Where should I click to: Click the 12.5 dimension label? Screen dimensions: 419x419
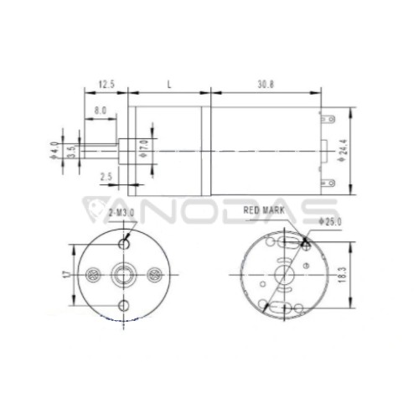click(x=106, y=84)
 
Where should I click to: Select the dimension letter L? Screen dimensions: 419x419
click(x=169, y=85)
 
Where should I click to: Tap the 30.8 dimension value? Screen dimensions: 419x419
click(x=266, y=85)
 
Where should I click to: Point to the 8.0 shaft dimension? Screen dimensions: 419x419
click(x=100, y=111)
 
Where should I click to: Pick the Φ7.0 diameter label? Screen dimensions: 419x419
click(x=144, y=148)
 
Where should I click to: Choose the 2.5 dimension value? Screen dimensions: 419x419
click(x=106, y=177)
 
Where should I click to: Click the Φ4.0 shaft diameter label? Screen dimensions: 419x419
click(x=54, y=151)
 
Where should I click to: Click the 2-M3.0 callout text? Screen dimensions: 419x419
click(x=122, y=213)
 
